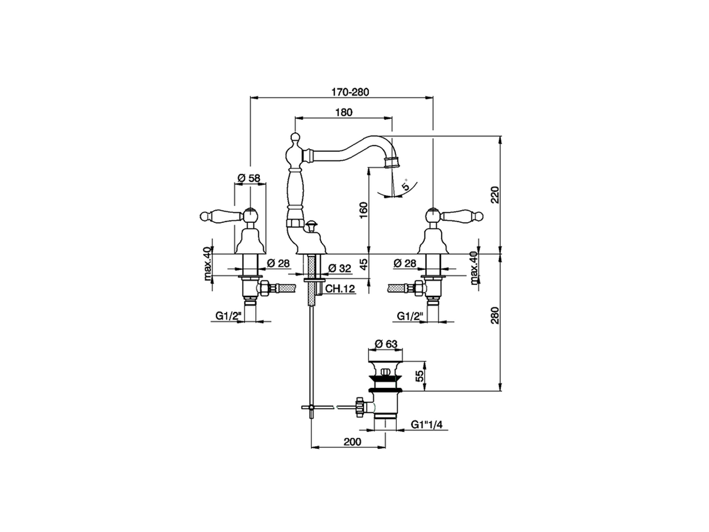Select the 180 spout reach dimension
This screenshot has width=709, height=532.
point(343,112)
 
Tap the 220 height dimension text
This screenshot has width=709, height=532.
point(495,195)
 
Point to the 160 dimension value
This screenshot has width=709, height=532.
point(363,211)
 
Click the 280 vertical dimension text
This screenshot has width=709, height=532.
point(495,315)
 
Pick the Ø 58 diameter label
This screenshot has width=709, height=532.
point(249,178)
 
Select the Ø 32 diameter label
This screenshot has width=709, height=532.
point(340,268)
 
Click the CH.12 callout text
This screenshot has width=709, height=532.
point(340,289)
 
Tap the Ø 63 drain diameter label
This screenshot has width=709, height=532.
point(386,344)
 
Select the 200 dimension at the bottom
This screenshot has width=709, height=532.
point(352,442)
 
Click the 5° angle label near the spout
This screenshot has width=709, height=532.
point(407,186)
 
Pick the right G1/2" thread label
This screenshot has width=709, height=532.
point(410,316)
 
